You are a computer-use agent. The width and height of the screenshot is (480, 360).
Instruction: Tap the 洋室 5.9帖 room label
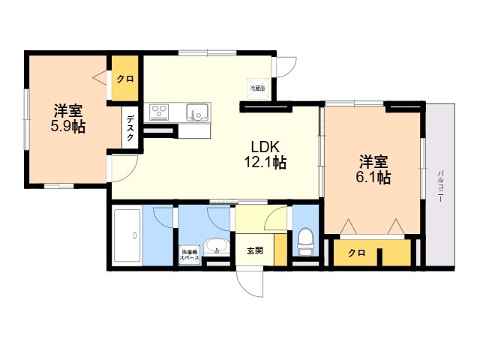point(67,117)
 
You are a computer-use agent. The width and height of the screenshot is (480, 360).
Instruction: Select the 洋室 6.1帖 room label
point(373,169)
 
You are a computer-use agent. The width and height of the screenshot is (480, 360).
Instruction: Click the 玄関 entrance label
point(254,250)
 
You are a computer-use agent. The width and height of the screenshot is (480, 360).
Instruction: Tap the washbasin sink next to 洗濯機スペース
point(217,246)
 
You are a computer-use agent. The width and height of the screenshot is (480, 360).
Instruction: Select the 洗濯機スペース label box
point(189,254)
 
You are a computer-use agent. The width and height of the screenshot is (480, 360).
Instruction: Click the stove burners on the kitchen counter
point(159,112)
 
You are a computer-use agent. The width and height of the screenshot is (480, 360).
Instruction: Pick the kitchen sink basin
point(198,112)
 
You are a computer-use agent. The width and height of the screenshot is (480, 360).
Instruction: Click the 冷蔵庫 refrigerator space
point(257,88)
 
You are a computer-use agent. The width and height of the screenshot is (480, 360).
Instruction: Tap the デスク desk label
point(130,128)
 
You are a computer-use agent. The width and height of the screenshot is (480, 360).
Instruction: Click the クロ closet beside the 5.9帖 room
point(124,79)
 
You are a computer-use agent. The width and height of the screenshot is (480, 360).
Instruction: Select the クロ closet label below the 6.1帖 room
point(356,253)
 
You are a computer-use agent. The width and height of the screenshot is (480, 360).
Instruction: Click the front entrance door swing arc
point(249,283)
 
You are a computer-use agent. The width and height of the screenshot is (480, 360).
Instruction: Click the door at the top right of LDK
point(285,68)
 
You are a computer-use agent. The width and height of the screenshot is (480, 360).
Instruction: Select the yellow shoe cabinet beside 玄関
point(280,248)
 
